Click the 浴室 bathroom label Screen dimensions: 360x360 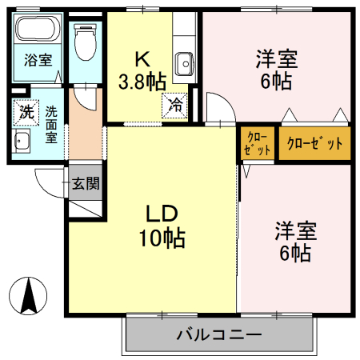point(37,59)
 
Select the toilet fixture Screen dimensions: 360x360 point(83,40)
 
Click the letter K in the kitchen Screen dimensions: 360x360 point(142,59)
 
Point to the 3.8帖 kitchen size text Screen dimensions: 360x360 point(142,80)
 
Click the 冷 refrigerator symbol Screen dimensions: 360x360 point(175,104)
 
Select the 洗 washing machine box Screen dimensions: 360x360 point(26,112)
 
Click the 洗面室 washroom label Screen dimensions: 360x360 point(51,124)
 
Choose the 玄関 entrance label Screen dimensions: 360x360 point(85,183)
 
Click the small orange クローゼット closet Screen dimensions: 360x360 point(257,143)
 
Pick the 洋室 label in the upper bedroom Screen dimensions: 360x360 point(277,59)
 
